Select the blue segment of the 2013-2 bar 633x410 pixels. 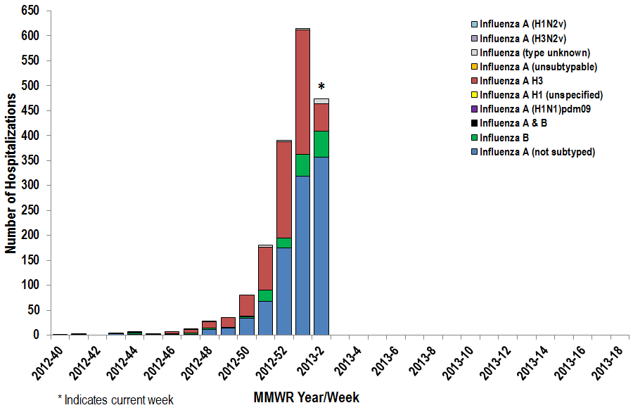pos(321,246)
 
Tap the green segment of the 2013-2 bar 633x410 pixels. pos(321,144)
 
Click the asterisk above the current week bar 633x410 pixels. pos(321,87)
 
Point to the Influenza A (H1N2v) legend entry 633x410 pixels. pos(525,24)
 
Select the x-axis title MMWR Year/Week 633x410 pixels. pos(306,398)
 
